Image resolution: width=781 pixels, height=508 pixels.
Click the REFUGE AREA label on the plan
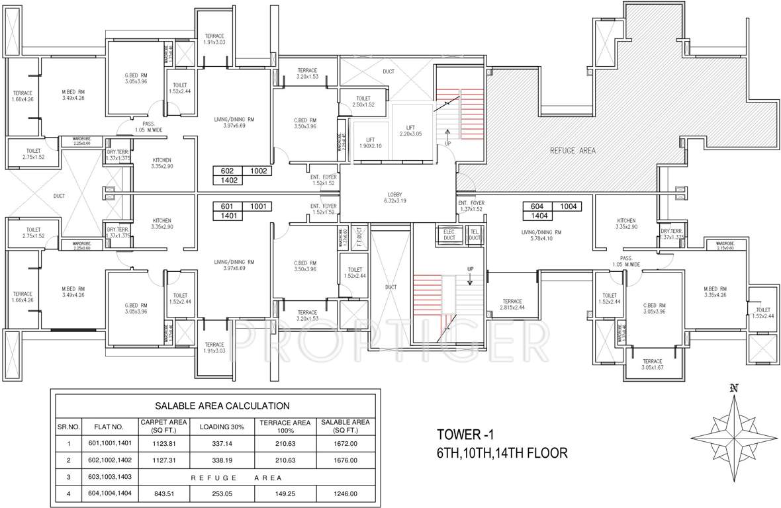(573, 151)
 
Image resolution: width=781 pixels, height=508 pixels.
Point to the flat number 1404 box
(537, 216)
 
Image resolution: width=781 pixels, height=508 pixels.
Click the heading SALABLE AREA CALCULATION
(222, 405)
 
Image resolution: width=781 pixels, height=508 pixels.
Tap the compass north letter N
(733, 388)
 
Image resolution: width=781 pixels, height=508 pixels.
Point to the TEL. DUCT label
(474, 233)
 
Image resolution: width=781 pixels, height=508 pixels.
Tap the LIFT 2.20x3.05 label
(410, 130)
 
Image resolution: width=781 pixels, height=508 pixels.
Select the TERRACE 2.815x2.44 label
(512, 304)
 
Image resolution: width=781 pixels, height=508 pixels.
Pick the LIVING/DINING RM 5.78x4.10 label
(541, 235)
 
